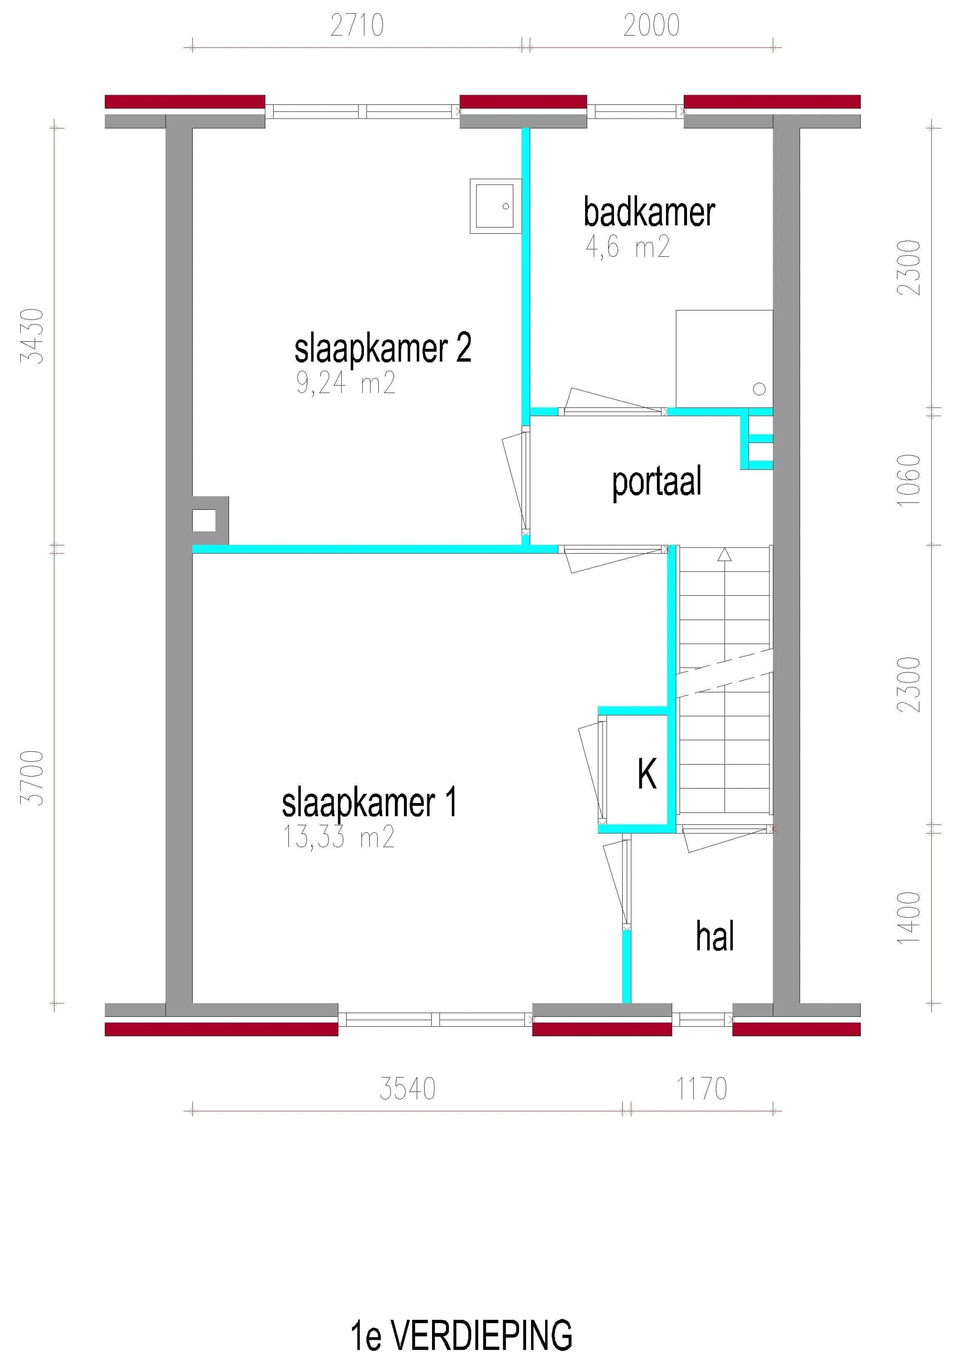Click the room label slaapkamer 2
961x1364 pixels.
tap(383, 349)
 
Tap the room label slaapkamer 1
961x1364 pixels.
tap(369, 803)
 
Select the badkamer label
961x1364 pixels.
tap(649, 212)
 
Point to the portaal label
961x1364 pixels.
tap(656, 482)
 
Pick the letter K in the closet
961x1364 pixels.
tap(647, 774)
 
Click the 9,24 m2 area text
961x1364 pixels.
tap(346, 383)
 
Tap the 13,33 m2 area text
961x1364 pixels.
tap(338, 837)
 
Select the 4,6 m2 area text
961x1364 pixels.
tap(628, 246)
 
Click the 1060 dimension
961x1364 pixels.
tap(909, 480)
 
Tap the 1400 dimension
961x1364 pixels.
tap(909, 917)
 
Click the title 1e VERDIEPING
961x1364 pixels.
tap(461, 1336)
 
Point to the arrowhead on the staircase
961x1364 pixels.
tap(724, 555)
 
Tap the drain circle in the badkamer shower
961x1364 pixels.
tap(759, 389)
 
